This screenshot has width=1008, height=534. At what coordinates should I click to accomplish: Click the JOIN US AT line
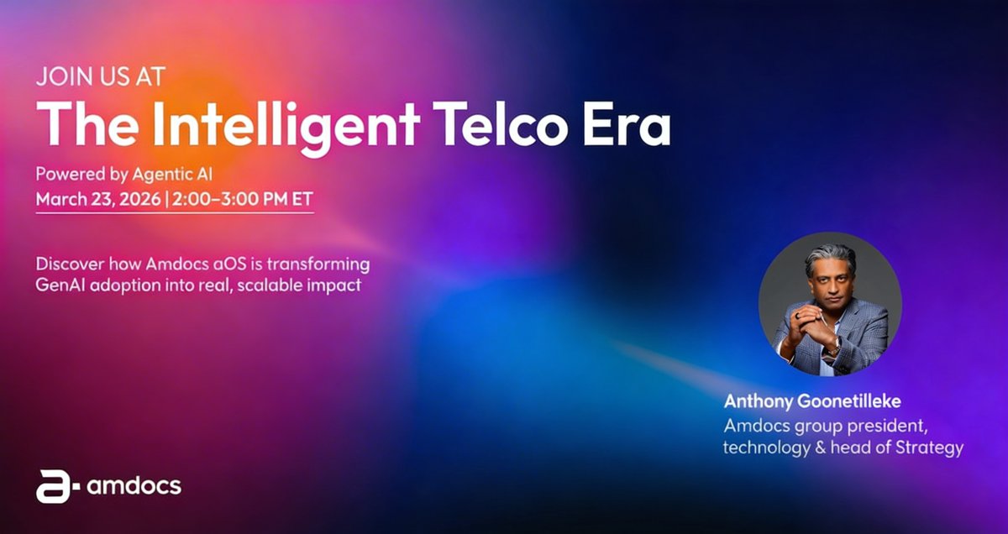100,78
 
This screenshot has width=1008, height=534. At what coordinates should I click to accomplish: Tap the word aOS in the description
211,264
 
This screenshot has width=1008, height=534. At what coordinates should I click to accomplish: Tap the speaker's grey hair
828,255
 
